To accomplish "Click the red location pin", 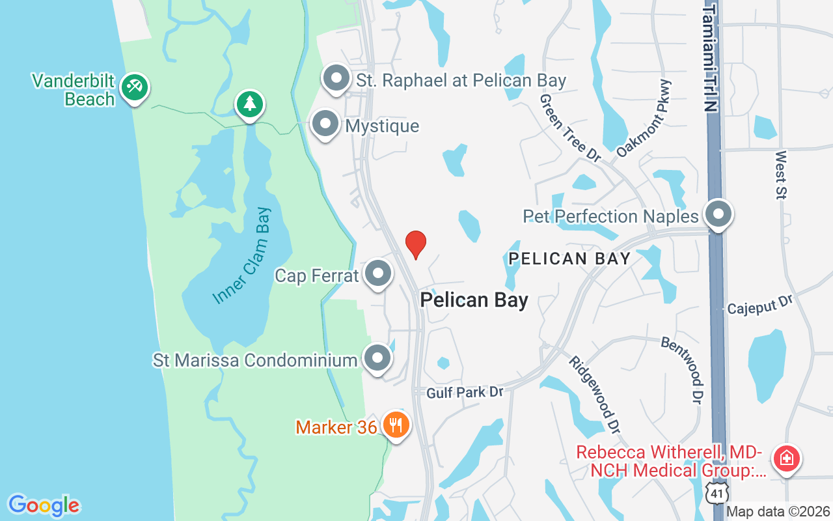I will pyautogui.click(x=416, y=244).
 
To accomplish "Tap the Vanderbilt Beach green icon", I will pyautogui.click(x=135, y=87).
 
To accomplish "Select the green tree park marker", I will pyautogui.click(x=249, y=104).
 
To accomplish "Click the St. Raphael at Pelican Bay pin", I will pyautogui.click(x=336, y=79).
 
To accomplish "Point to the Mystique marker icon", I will pyautogui.click(x=325, y=124).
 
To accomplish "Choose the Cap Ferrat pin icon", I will pyautogui.click(x=377, y=274).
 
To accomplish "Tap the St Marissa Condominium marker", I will pyautogui.click(x=377, y=358).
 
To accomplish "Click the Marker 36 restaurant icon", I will pyautogui.click(x=395, y=426).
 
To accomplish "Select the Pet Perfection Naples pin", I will pyautogui.click(x=718, y=214).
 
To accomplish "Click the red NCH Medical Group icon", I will pyautogui.click(x=786, y=458).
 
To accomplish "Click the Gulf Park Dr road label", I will pyautogui.click(x=465, y=392).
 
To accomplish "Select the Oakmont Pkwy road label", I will pyautogui.click(x=643, y=119).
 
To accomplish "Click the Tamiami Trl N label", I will pyautogui.click(x=711, y=56).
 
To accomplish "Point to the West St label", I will pyautogui.click(x=781, y=174).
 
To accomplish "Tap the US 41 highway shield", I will pyautogui.click(x=716, y=493).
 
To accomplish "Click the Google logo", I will pyautogui.click(x=44, y=505).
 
